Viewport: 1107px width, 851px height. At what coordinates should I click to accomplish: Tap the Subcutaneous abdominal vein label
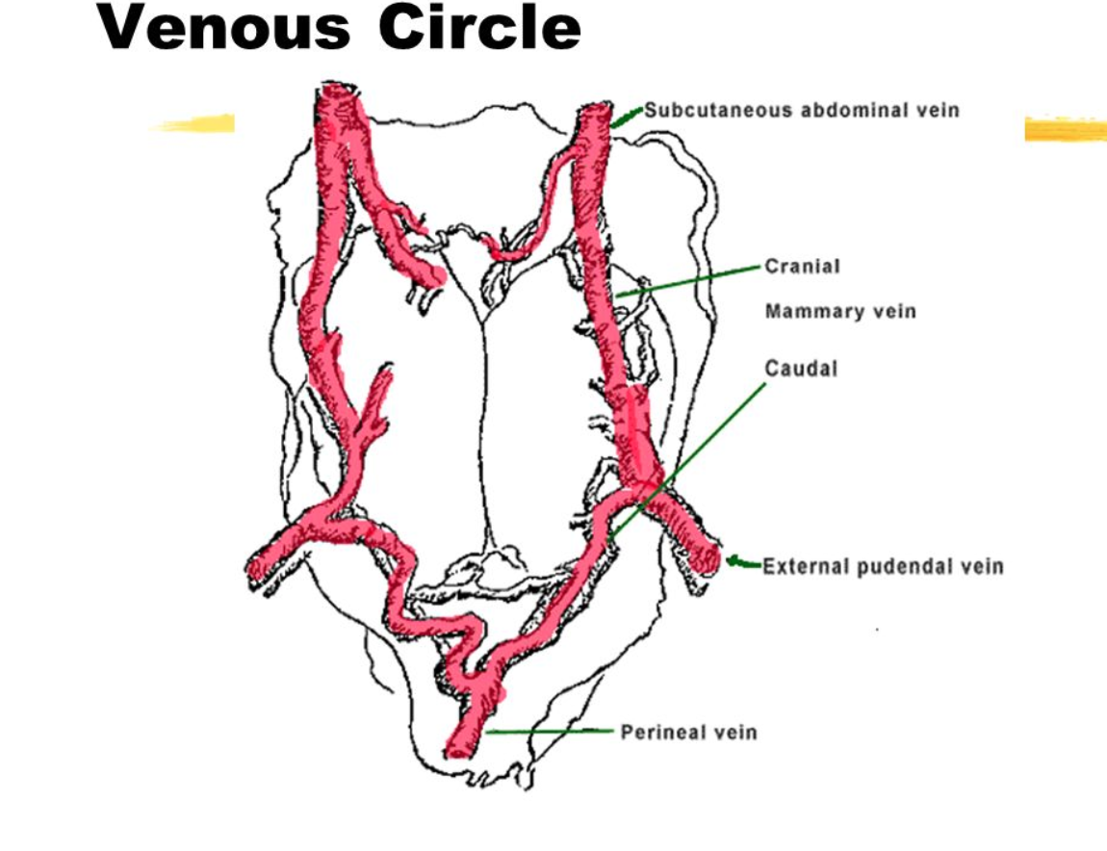(x=801, y=110)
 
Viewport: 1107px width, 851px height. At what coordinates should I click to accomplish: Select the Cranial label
(x=802, y=266)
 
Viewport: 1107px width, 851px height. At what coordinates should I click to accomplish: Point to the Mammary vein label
(x=840, y=312)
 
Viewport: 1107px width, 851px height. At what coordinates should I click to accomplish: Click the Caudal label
(x=801, y=368)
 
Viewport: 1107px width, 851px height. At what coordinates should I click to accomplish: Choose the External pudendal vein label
(x=883, y=566)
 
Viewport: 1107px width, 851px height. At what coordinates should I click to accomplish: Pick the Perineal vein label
(x=688, y=733)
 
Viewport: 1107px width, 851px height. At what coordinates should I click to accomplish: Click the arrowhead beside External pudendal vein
(x=738, y=562)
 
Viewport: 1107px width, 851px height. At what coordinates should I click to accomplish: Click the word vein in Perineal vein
(x=736, y=733)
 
